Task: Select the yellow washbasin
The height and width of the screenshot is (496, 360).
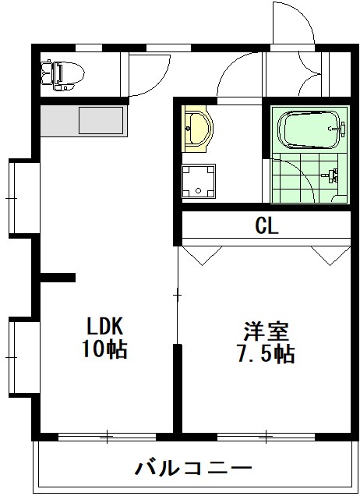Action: tap(197, 129)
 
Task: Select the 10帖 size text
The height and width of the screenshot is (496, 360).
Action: tap(105, 349)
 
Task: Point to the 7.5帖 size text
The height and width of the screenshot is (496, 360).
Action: tap(265, 354)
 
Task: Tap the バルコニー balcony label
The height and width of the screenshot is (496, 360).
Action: tap(194, 468)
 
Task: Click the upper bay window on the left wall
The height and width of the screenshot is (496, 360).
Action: tap(21, 198)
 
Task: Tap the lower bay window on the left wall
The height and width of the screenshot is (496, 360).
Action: tap(21, 355)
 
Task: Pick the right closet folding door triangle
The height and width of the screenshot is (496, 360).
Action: tap(326, 256)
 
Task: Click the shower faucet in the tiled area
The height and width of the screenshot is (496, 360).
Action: tap(334, 175)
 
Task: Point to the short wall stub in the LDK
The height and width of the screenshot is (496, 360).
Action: tap(58, 277)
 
